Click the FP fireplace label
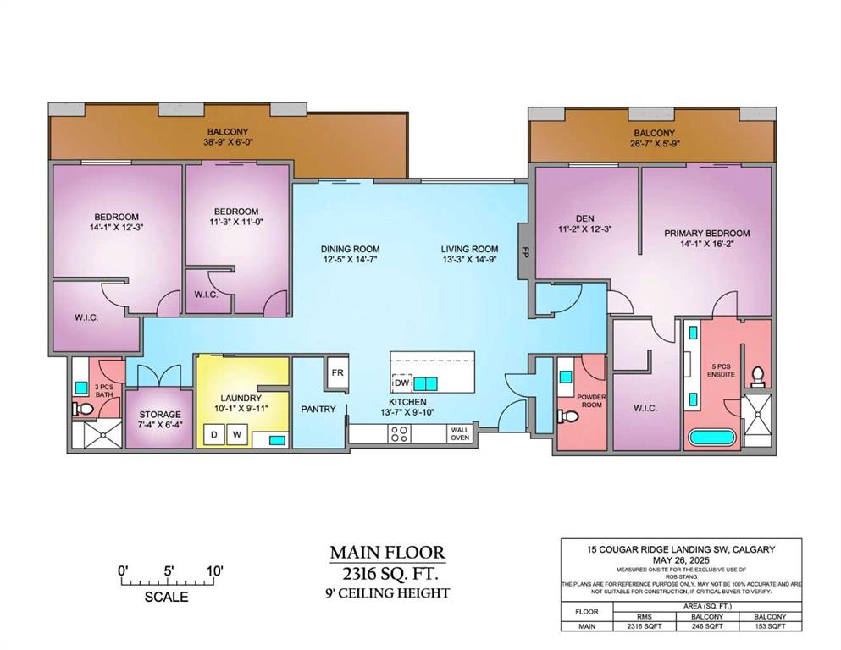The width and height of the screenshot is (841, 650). (x=525, y=251)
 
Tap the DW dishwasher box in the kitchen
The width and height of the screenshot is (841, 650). (x=402, y=383)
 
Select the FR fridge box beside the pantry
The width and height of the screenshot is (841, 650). (x=337, y=372)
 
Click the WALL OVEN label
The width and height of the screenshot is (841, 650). (x=460, y=433)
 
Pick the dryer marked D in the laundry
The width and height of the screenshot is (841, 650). (x=214, y=434)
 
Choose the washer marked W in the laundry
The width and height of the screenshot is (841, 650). (x=236, y=434)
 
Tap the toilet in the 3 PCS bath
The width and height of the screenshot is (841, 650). (x=83, y=410)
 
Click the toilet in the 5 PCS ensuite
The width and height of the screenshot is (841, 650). (x=758, y=376)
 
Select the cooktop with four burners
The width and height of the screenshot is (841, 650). (x=399, y=433)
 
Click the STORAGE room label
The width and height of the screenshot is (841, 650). (x=160, y=415)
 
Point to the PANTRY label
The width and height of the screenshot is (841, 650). (x=318, y=409)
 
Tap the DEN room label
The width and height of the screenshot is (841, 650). (x=585, y=218)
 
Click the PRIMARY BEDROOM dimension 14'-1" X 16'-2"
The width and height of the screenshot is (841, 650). (x=707, y=243)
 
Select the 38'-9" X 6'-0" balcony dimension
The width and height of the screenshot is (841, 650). (x=228, y=142)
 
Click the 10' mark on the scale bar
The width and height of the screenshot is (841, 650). (x=214, y=570)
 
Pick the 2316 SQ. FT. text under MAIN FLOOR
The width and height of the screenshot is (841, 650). (x=390, y=575)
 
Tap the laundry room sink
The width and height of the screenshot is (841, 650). (x=276, y=440)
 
